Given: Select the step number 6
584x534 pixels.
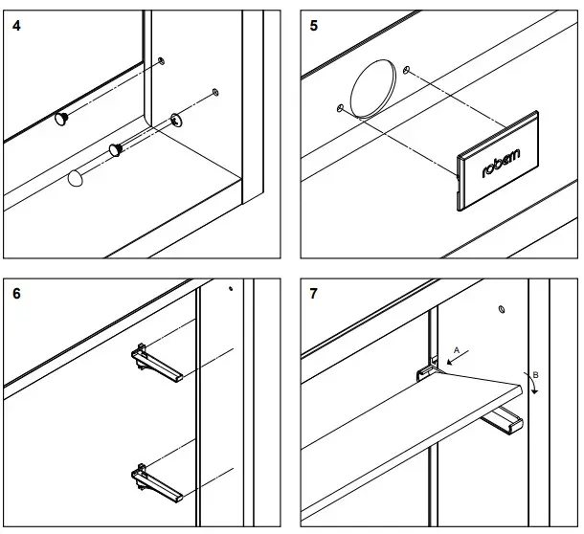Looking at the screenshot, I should (x=17, y=293).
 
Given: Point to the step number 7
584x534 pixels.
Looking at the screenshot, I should (x=314, y=293).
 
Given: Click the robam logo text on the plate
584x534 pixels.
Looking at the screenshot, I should (x=503, y=164).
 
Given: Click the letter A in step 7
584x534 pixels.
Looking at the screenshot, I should (x=457, y=349).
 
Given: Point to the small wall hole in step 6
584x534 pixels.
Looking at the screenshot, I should (x=230, y=286).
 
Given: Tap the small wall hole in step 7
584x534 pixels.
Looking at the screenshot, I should (x=502, y=309).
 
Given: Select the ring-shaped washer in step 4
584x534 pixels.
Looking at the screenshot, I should (x=177, y=120).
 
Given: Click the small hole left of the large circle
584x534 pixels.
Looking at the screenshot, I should (x=340, y=107).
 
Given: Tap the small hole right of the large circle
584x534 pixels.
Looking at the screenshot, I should (x=409, y=70).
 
